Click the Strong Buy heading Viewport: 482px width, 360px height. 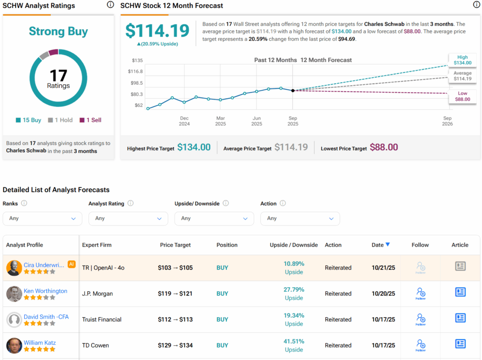(x=58, y=32)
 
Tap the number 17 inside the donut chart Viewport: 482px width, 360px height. (x=58, y=75)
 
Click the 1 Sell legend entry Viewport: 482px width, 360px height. (x=90, y=120)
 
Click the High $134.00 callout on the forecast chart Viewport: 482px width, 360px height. (x=462, y=60)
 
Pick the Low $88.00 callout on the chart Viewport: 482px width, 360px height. (x=462, y=96)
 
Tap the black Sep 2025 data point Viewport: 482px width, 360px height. (x=293, y=90)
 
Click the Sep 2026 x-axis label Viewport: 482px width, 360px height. (x=447, y=121)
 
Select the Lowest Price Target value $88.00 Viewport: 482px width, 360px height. (x=384, y=148)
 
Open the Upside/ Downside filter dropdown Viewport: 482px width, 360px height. (x=214, y=218)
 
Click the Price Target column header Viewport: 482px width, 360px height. (x=176, y=245)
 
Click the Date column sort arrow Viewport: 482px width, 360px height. (x=387, y=245)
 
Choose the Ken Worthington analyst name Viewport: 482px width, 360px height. (x=45, y=291)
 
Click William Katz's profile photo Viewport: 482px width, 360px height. (x=14, y=346)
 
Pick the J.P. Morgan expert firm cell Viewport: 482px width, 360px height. (x=97, y=294)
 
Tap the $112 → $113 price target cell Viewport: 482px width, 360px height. (x=176, y=320)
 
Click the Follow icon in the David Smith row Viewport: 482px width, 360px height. (x=420, y=319)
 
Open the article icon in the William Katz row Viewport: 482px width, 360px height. (x=460, y=344)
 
